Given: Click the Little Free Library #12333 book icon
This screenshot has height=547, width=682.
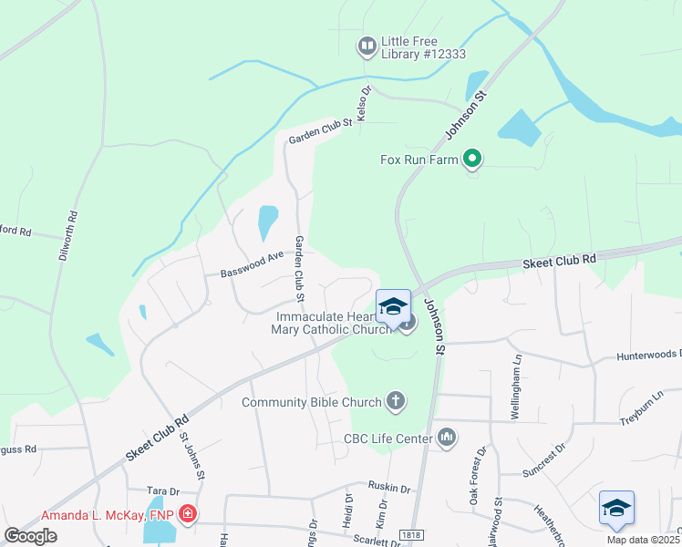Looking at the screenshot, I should pos(367,46).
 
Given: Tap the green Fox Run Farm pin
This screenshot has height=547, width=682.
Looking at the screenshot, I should pos(472,160).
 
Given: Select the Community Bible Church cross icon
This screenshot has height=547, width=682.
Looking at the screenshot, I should pos(396,399).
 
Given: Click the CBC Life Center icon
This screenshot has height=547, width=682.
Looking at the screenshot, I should pos(447,439).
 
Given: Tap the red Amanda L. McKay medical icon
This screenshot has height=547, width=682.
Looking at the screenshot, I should pos(188,514).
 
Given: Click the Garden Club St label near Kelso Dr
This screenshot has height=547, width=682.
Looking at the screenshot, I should pos(320,133).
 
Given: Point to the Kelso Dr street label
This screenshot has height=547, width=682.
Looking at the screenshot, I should pos(364,104).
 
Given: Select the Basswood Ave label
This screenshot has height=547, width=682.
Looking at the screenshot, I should pos(245,272).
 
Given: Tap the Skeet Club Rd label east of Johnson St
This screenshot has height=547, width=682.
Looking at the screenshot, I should pos(559,261).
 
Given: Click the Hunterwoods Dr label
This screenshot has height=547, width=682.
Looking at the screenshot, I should pos(649,356).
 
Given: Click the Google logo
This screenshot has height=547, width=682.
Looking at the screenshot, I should pos(31,536).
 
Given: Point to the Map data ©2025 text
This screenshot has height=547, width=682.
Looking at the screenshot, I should pos(643,540).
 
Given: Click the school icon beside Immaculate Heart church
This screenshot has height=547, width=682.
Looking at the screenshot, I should pos(393,307).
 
